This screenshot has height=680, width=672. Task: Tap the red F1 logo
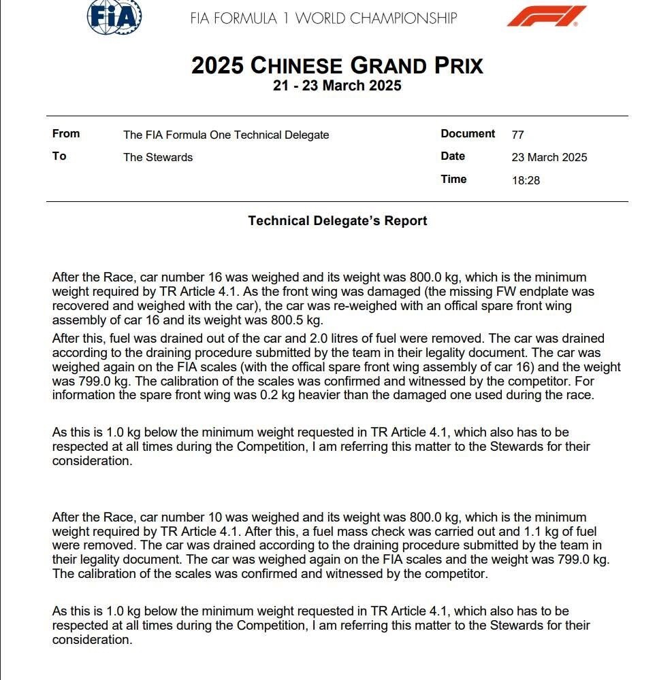(547, 16)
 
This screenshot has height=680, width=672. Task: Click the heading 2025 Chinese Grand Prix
(337, 66)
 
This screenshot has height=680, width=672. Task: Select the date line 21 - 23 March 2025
(337, 86)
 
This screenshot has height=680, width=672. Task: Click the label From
(66, 134)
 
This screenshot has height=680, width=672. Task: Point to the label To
(59, 156)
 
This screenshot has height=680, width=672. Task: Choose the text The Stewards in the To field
(158, 157)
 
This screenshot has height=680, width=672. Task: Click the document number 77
(517, 135)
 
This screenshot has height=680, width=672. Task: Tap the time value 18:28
(526, 180)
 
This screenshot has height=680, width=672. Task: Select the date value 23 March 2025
(549, 157)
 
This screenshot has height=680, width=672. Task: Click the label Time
(453, 180)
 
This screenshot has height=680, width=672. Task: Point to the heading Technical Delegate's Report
(337, 221)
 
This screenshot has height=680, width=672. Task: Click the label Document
(468, 134)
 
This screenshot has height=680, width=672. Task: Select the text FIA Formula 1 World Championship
(323, 18)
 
